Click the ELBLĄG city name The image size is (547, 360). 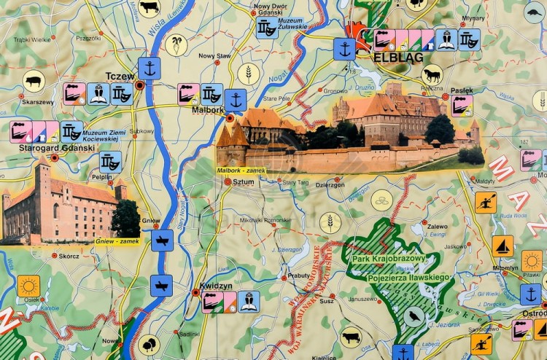coord(393,57)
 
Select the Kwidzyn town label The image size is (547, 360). coord(216,286)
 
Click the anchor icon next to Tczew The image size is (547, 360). coord(149,69)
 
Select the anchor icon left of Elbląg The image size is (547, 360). coord(344,50)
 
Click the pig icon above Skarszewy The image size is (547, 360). coord(33,81)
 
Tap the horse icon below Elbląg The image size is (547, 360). coord(432,74)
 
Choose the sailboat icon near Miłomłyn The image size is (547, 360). coord(502,246)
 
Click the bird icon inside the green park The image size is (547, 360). coord(415,316)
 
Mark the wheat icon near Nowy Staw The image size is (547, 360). coord(249,74)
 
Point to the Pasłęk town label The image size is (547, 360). coord(461,90)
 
